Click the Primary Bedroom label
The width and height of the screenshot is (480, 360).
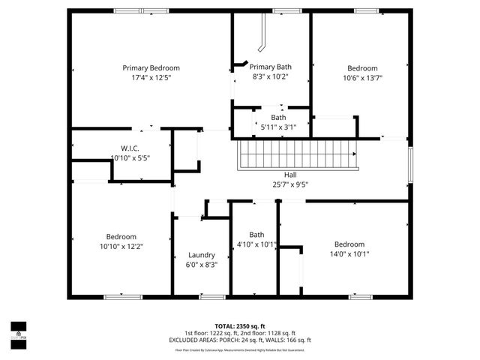tap(151, 67)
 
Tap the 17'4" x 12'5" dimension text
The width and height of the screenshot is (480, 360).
tap(151, 77)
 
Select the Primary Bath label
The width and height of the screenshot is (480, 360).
tap(270, 67)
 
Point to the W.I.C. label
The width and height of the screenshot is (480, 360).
tap(130, 148)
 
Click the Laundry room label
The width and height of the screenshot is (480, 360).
tap(202, 255)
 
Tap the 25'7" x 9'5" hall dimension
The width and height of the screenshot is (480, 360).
tap(290, 184)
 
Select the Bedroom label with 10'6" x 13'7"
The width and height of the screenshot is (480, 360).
tap(362, 67)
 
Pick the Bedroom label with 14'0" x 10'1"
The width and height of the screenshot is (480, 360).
tap(349, 244)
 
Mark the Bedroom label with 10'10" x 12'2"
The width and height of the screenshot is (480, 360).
tap(121, 236)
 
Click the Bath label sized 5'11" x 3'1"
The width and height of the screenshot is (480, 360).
tap(278, 117)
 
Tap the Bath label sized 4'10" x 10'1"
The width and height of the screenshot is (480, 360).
tap(256, 234)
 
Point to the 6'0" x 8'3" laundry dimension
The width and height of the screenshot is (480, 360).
tap(202, 265)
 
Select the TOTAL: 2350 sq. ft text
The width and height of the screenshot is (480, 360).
tap(240, 326)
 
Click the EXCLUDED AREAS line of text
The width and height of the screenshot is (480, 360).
tap(240, 340)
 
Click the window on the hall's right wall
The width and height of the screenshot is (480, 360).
tap(410, 163)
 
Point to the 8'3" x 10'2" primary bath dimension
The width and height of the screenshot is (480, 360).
tap(270, 76)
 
